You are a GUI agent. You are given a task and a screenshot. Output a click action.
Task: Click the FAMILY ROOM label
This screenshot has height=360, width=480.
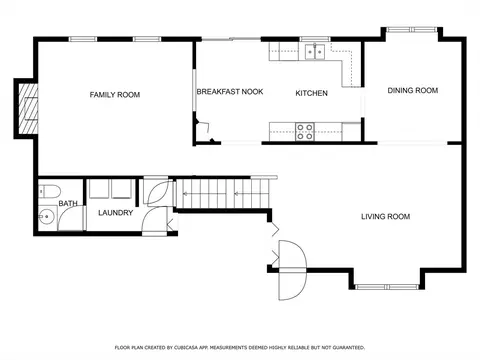(115, 95)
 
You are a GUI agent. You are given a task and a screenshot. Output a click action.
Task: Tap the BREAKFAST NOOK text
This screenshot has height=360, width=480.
(230, 92)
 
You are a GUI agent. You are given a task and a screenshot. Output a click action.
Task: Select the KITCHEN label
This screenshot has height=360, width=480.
(312, 93)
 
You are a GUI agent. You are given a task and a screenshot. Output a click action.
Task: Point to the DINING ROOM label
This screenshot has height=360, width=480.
(413, 90)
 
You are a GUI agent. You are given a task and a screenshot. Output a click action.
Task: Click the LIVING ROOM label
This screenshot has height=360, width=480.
(386, 217)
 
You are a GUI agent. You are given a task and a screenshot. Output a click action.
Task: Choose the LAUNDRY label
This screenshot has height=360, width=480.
(116, 213)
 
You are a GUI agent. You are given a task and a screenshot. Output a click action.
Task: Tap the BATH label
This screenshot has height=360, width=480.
(68, 203)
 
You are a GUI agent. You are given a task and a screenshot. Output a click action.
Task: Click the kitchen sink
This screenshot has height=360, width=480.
(315, 52)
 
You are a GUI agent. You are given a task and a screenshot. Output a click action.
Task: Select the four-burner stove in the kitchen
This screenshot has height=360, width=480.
(305, 132)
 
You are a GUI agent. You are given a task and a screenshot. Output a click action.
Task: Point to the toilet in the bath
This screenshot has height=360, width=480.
(49, 191)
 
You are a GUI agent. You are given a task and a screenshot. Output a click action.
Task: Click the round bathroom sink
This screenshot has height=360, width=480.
(46, 217)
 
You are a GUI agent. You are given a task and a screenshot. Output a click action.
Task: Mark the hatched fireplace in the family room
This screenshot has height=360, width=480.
(28, 108)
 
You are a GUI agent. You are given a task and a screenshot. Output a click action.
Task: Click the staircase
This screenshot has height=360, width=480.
(223, 193)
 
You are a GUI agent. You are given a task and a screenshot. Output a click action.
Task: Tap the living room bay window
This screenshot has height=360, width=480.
(387, 287)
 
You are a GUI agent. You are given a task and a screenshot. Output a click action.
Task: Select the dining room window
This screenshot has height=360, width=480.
(412, 30)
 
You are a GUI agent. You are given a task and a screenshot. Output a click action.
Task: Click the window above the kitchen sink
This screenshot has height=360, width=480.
(315, 39)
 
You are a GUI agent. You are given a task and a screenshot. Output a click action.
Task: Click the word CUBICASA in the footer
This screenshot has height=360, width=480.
(183, 348)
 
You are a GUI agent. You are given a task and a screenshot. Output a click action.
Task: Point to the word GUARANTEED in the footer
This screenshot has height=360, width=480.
(351, 348)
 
